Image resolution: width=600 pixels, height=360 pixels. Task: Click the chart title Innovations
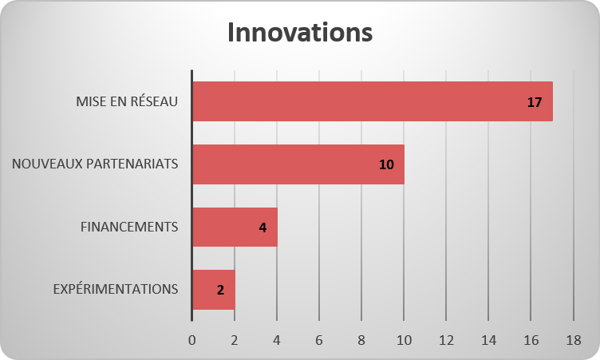[x=300, y=32]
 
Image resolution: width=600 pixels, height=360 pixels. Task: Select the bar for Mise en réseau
[x=373, y=101]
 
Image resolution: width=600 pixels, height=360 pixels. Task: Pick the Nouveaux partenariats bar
[x=298, y=164]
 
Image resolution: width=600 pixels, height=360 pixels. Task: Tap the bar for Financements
[x=235, y=227]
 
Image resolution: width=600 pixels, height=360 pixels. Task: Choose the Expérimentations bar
[x=214, y=290]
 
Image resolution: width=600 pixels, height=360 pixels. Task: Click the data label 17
[x=535, y=102]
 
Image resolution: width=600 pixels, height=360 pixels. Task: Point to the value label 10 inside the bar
[x=386, y=164]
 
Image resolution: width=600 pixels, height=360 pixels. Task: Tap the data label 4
[x=262, y=227]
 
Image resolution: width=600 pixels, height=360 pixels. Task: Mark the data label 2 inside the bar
[x=220, y=290]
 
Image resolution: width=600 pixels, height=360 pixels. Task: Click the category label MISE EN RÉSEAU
[x=127, y=101]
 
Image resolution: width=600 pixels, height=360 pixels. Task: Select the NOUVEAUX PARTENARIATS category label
[x=95, y=164]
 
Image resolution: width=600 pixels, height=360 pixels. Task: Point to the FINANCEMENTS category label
[x=129, y=227]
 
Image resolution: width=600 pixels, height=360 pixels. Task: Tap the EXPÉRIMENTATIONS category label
[x=116, y=289]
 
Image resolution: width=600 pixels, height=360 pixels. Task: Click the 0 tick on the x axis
[x=192, y=340]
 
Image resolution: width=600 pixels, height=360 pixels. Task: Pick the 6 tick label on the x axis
[x=319, y=340]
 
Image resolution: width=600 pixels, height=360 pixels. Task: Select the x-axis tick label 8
[x=361, y=340]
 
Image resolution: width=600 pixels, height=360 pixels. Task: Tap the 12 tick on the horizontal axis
[x=446, y=340]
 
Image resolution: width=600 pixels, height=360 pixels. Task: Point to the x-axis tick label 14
[x=488, y=340]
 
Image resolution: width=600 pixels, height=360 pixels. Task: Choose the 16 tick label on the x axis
[x=531, y=340]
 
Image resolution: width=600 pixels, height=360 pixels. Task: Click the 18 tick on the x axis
[x=574, y=340]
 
